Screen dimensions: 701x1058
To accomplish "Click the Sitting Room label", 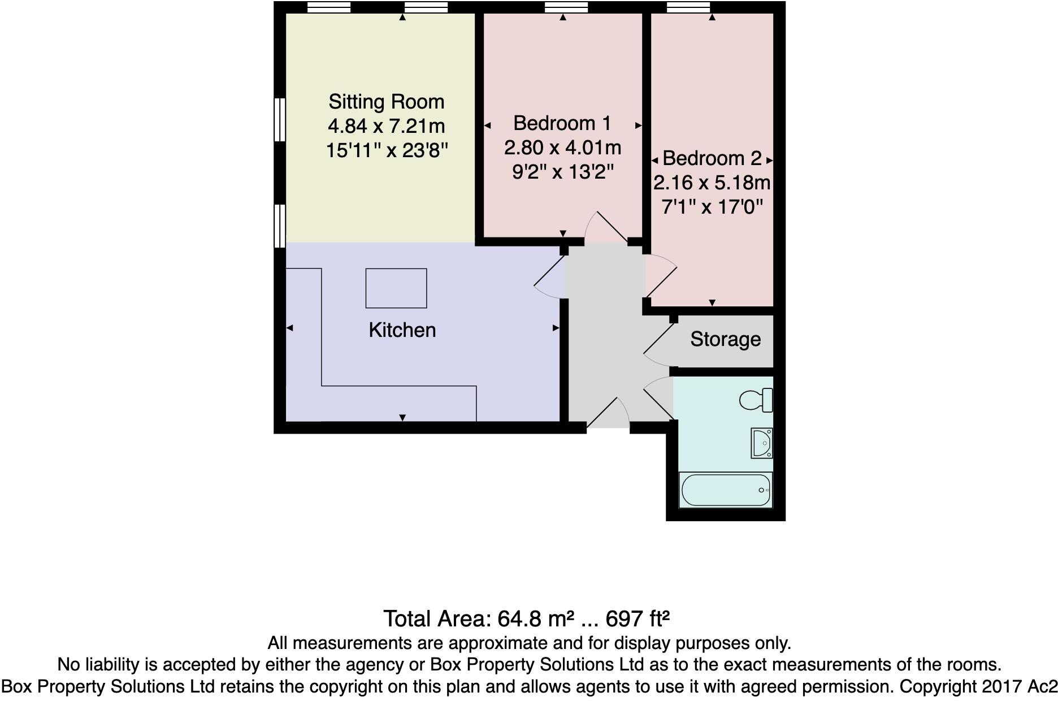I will click(x=387, y=102).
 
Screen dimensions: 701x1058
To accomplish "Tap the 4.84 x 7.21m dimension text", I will click(x=387, y=126).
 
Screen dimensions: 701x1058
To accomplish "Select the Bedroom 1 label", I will click(x=562, y=123).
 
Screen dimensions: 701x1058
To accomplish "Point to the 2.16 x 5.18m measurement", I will click(x=712, y=183).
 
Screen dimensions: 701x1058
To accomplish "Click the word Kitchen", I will click(x=402, y=330).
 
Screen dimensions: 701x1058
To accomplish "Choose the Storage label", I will click(x=725, y=339).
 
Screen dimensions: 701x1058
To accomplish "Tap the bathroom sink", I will click(x=761, y=443).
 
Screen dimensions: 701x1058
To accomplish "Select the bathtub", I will click(x=725, y=490).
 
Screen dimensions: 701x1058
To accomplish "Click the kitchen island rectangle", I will click(x=396, y=288).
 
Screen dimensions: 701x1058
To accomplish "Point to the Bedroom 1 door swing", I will click(x=605, y=226).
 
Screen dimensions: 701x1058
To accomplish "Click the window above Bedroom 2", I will click(x=688, y=7).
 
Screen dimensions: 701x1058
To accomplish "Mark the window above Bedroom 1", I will click(x=566, y=7).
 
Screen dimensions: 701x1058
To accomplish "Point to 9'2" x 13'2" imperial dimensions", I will click(x=562, y=171).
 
